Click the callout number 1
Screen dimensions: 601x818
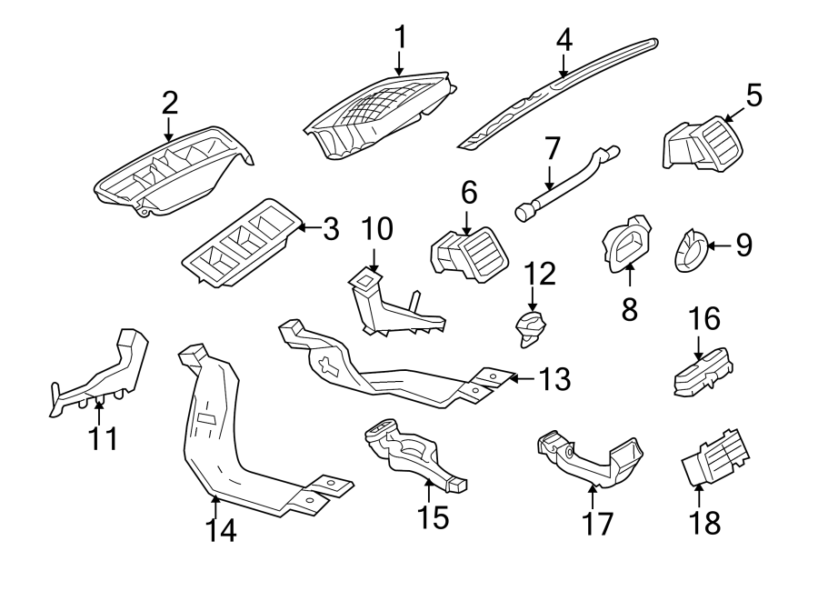(x=400, y=37)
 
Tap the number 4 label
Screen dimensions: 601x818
(x=564, y=40)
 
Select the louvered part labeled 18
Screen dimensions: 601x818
(x=716, y=457)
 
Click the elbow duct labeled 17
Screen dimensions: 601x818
(x=591, y=459)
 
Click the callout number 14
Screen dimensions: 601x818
(x=220, y=531)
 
